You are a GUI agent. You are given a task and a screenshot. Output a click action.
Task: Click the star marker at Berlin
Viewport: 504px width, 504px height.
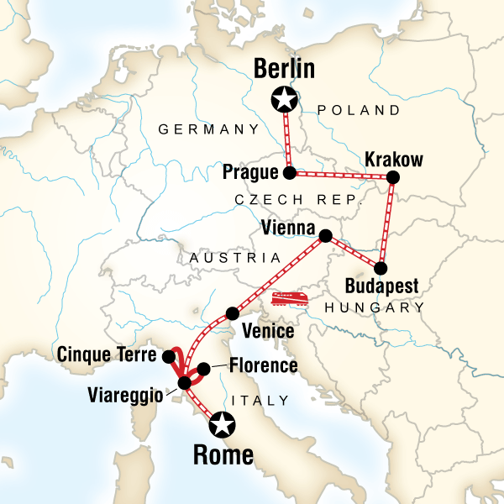pos(285,101)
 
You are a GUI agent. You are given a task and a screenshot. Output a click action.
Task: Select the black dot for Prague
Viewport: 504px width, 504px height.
pos(290,174)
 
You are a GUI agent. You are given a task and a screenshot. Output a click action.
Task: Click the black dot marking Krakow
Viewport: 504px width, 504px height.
pos(392,177)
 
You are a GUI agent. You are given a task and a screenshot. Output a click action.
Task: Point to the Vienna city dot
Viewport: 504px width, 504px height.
pos(325,235)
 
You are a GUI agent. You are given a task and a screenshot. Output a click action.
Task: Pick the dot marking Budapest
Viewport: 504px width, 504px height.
pos(381,269)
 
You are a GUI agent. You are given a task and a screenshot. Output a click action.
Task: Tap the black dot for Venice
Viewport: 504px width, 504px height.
pos(231,314)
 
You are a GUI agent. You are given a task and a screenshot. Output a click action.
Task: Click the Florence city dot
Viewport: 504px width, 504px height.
pos(202,368)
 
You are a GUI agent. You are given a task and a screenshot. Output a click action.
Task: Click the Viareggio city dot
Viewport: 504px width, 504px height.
pos(184,384)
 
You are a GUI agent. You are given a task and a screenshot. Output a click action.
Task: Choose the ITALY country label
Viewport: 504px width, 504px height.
pos(265,401)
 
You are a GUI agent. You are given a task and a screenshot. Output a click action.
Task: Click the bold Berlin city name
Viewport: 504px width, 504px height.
pos(284,70)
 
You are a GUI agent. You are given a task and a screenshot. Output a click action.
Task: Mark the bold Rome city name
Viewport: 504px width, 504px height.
pos(223,456)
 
